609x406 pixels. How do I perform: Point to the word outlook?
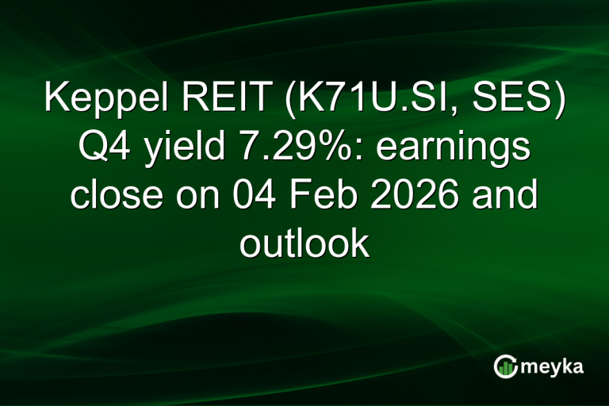[x=304, y=243]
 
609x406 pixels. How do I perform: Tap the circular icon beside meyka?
[x=506, y=366]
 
